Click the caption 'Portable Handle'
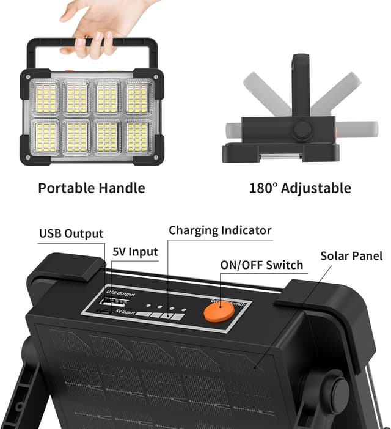point(92,188)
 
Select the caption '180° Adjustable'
point(300,188)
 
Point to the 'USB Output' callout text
point(71,233)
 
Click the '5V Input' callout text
point(135,252)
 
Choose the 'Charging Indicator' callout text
point(220,230)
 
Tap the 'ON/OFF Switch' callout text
point(261,265)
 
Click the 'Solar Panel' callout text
point(351,255)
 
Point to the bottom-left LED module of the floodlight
point(45,137)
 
